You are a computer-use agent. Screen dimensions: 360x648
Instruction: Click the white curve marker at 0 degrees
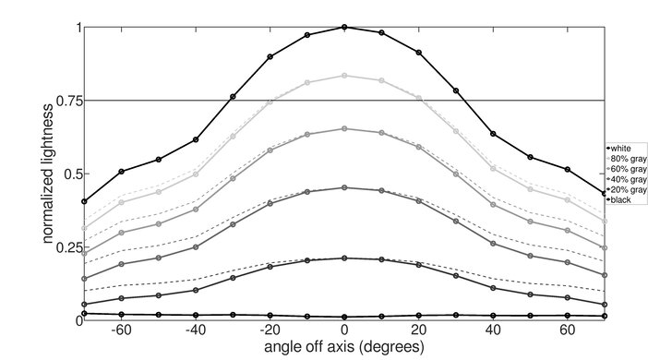point(344,28)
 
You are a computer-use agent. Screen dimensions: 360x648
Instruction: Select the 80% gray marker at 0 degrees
point(344,76)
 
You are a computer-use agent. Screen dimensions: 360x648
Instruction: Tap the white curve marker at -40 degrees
point(196,139)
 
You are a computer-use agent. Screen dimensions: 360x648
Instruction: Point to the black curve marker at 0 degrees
point(344,317)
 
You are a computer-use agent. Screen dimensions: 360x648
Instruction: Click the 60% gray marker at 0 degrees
point(344,128)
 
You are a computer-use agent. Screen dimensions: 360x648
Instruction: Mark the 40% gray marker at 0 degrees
point(344,187)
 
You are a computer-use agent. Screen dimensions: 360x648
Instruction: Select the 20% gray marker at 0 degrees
point(344,258)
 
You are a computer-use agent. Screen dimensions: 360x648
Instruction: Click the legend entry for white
point(619,149)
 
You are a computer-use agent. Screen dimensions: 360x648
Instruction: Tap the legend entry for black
point(619,197)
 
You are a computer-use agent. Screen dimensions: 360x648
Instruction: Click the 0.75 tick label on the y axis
point(61,100)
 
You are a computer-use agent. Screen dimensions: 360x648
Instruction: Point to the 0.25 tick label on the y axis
point(61,246)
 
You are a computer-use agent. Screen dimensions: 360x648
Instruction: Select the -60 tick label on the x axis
point(119,330)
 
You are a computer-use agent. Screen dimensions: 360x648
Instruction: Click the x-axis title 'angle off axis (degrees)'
point(344,348)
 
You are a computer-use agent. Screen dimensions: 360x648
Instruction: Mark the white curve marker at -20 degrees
point(270,56)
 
